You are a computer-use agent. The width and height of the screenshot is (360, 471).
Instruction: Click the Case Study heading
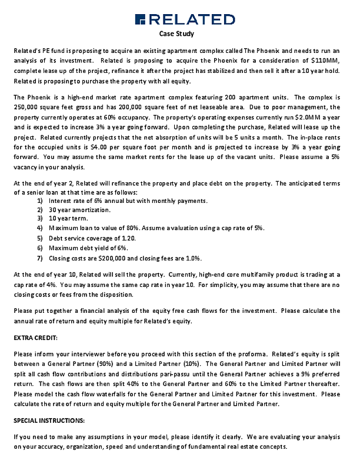[177, 34]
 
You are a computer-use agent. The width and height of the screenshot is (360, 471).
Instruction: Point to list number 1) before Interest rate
[40, 201]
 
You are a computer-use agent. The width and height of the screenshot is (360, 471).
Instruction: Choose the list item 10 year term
[67, 218]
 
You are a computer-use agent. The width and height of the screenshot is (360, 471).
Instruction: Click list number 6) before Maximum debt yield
[40, 248]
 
